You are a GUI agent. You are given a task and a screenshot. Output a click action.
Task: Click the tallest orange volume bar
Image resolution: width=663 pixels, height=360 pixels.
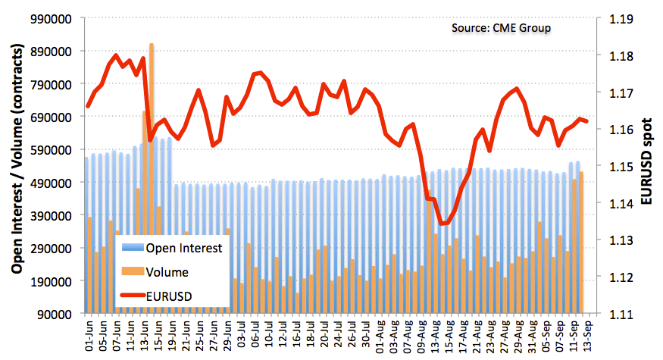pyautogui.click(x=152, y=177)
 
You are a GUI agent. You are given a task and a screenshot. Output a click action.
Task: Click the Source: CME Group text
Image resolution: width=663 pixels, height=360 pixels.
pyautogui.click(x=501, y=28)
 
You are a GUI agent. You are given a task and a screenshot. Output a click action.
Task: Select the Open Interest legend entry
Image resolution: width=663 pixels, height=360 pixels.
pyautogui.click(x=172, y=248)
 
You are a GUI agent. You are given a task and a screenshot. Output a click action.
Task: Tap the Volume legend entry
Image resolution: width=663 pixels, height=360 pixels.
pyautogui.click(x=155, y=272)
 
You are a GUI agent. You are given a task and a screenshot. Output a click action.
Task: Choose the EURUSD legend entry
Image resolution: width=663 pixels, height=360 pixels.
pyautogui.click(x=156, y=296)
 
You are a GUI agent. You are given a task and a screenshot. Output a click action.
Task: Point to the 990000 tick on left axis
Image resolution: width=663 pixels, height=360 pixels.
pyautogui.click(x=50, y=19)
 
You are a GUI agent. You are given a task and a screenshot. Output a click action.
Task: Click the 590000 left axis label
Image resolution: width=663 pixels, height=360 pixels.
pyautogui.click(x=50, y=150)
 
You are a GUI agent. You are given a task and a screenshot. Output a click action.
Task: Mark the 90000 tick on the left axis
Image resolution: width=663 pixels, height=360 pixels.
pyautogui.click(x=54, y=315)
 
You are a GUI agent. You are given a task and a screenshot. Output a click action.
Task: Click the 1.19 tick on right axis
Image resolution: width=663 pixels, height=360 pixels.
pyautogui.click(x=621, y=19)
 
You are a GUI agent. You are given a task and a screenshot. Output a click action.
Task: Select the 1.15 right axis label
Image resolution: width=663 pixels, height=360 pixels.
pyautogui.click(x=621, y=167)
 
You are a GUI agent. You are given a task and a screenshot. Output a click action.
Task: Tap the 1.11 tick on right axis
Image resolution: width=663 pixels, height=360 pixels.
pyautogui.click(x=621, y=315)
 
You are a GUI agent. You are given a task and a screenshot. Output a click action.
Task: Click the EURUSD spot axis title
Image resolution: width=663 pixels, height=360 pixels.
pyautogui.click(x=646, y=161)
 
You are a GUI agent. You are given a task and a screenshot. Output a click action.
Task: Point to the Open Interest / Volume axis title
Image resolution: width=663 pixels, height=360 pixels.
pyautogui.click(x=17, y=158)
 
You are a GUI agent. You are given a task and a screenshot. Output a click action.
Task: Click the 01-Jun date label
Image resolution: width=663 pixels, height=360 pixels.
pyautogui.click(x=89, y=337)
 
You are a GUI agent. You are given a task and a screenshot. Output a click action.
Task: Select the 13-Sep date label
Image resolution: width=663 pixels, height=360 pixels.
pyautogui.click(x=587, y=337)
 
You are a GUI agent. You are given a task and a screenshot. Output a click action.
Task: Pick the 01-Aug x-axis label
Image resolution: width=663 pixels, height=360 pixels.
pyautogui.click(x=380, y=337)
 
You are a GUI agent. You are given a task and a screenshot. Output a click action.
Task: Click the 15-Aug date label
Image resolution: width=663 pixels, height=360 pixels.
pyautogui.click(x=449, y=337)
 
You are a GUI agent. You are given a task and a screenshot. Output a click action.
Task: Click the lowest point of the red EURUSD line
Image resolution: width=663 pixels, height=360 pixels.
pyautogui.click(x=441, y=224)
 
